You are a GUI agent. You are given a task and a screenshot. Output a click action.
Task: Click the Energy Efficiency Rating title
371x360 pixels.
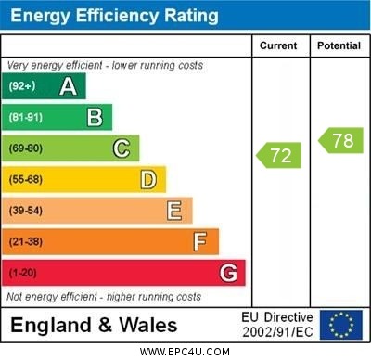point(114,16)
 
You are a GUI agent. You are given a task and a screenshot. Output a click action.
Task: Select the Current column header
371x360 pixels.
point(278,45)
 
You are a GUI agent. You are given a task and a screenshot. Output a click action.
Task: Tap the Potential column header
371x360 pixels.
point(339,45)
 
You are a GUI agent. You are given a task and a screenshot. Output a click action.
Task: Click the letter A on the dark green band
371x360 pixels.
point(68,87)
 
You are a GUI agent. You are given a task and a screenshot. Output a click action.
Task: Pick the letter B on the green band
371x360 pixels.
point(95,118)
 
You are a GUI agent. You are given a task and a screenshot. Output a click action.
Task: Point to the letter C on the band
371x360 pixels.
point(122,148)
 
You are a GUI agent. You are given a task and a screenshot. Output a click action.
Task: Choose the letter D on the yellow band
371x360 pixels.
point(148,179)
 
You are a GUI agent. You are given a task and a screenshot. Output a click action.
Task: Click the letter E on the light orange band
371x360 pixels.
point(174,211)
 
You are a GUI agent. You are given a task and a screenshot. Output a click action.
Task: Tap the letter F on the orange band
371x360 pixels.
point(200,242)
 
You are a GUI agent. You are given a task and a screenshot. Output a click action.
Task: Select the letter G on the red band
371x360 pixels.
point(228,274)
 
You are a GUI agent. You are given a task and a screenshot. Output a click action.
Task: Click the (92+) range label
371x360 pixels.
point(22,87)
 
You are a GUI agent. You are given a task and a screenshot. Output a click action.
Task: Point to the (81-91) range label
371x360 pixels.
point(26,118)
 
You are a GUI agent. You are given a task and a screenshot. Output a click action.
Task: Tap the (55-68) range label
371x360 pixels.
point(26,179)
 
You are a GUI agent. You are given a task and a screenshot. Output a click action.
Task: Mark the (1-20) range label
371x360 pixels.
point(23,274)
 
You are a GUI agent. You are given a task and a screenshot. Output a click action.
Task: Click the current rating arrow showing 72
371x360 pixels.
point(280,155)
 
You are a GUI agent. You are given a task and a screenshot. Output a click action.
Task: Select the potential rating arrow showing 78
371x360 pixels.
point(340,141)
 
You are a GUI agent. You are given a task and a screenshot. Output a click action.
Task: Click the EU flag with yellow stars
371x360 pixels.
point(341,325)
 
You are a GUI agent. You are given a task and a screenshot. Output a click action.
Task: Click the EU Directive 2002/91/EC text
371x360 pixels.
point(277,325)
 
